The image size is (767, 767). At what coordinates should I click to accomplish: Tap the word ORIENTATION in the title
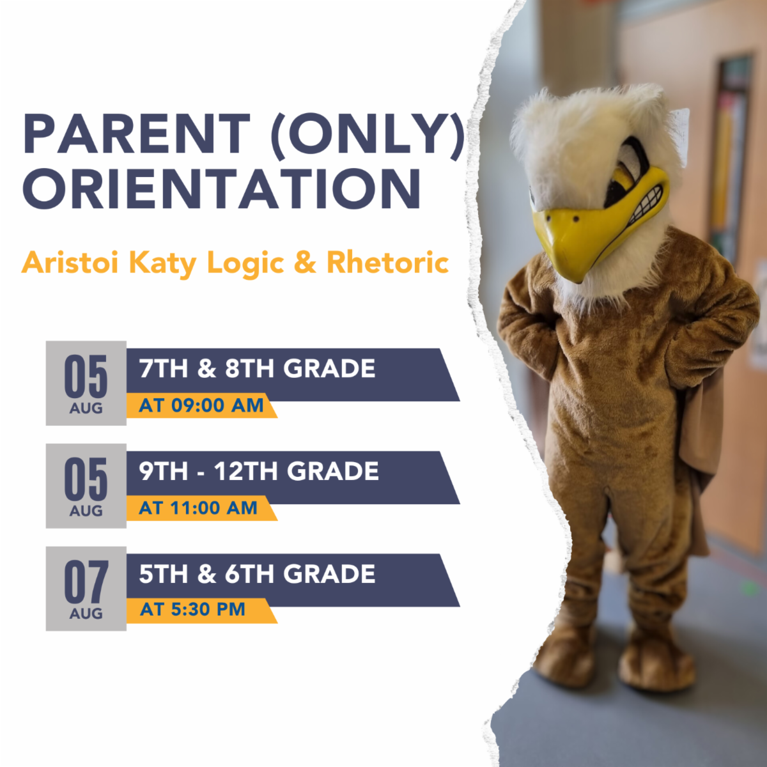point(222,189)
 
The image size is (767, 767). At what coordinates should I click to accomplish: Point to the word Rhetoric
point(387,263)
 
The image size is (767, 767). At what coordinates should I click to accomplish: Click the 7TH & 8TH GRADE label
point(257,368)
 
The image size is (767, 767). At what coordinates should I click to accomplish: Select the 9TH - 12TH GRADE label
point(259,471)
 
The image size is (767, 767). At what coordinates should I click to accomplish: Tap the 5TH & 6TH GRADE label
point(257,574)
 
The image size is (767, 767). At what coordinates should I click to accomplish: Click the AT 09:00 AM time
point(201,406)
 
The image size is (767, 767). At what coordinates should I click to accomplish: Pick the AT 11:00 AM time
point(198,508)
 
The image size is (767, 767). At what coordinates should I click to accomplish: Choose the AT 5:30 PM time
point(192,609)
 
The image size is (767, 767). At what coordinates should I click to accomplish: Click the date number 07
point(86,582)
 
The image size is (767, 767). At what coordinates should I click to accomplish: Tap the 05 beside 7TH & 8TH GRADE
point(86,376)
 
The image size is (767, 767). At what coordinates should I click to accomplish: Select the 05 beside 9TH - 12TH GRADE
point(86,479)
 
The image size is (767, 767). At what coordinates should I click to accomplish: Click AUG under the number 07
point(86,614)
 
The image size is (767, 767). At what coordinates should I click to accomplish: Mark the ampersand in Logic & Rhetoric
point(306,263)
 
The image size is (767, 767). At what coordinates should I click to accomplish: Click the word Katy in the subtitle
point(163,264)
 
